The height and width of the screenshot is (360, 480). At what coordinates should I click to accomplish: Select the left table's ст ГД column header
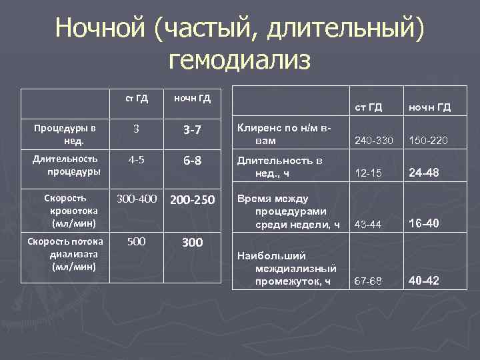137,99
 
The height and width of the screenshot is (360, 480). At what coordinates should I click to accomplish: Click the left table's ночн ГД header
192,99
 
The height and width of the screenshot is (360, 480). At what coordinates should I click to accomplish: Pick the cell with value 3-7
192,130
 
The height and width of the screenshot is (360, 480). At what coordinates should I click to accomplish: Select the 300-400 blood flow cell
137,199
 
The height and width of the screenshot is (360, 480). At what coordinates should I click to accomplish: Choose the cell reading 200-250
192,199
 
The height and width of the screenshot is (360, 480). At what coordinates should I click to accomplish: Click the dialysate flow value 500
137,241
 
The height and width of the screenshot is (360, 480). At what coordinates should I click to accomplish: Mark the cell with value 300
192,243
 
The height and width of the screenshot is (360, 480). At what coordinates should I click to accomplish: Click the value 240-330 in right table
373,141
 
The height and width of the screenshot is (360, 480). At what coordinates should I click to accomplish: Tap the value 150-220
429,141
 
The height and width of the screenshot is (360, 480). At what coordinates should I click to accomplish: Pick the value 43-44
369,225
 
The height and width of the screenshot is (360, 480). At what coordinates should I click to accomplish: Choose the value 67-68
369,281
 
